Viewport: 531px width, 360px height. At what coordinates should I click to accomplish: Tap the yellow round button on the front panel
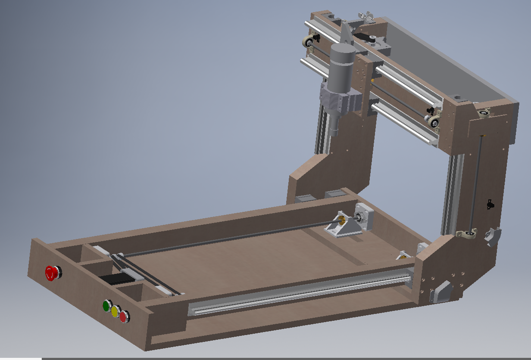click(115, 311)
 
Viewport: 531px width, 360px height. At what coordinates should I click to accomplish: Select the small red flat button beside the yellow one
click(124, 317)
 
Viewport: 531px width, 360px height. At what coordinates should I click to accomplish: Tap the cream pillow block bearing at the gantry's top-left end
click(309, 42)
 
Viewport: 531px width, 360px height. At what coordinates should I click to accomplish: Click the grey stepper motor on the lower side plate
click(440, 292)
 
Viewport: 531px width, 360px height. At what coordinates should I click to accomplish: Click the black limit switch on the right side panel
click(490, 204)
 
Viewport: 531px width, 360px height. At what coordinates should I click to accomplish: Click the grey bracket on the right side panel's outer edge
click(493, 237)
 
